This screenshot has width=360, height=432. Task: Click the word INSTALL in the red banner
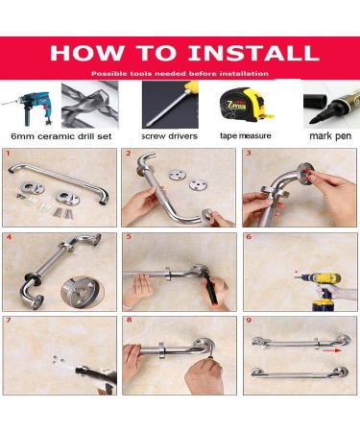253,53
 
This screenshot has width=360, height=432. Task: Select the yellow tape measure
246,105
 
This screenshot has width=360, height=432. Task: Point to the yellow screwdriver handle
192,87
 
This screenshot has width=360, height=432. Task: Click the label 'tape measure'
246,135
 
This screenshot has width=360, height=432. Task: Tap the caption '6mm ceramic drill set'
61,136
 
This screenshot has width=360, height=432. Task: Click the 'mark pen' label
330,136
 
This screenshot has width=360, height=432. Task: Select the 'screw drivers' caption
170,136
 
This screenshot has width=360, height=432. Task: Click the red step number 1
8,154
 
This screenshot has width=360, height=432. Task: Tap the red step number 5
129,237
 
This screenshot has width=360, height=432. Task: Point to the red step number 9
249,320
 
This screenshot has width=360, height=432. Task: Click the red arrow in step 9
331,350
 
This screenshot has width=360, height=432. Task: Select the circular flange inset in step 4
83,292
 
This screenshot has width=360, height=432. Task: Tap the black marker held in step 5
211,290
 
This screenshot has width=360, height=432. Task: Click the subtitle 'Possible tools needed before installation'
180,74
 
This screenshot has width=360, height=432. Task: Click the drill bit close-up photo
90,105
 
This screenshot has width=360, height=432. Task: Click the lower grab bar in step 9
300,374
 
